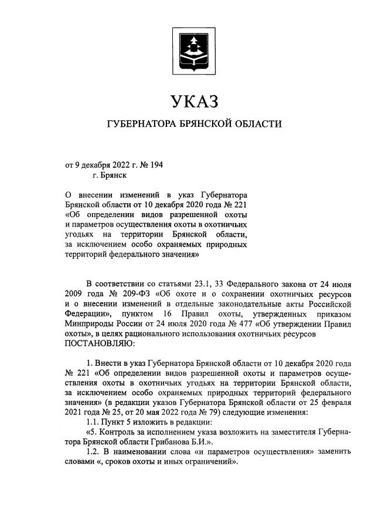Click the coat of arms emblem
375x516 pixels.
pyautogui.click(x=187, y=49)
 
